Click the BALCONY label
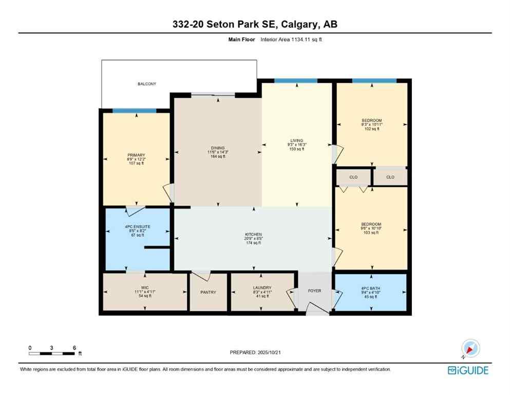click(x=146, y=84)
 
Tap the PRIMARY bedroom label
click(x=136, y=155)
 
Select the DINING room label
click(x=218, y=148)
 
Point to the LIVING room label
click(x=297, y=140)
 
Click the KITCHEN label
click(x=253, y=235)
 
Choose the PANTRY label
click(x=209, y=292)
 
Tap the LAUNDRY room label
click(x=262, y=288)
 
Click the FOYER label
click(x=314, y=291)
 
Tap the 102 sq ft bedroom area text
click(x=371, y=129)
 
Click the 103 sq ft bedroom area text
click(x=371, y=233)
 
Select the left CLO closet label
click(x=353, y=177)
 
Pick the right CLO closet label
click(x=390, y=177)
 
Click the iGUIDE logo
click(x=468, y=370)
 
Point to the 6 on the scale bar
click(x=74, y=348)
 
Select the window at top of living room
click(x=295, y=81)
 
